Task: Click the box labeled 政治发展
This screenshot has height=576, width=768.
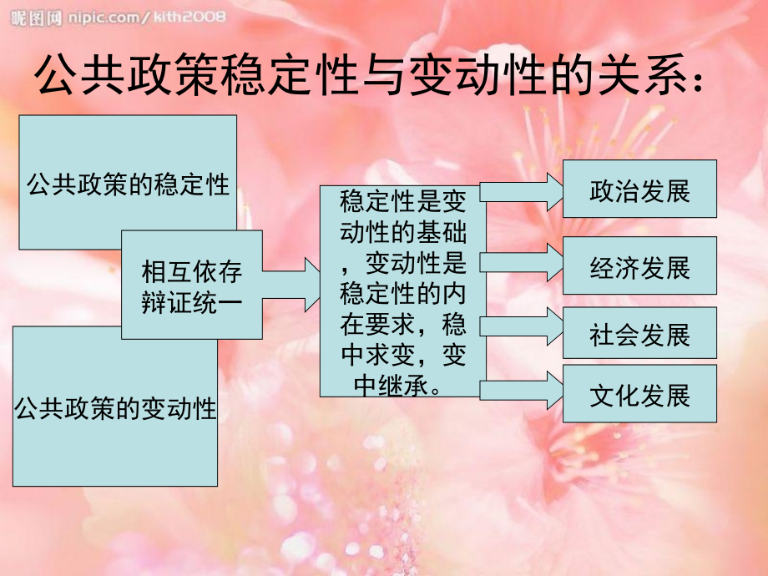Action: (639, 189)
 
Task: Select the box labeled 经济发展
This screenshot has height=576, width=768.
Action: (639, 265)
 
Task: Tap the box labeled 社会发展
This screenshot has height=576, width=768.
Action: (639, 333)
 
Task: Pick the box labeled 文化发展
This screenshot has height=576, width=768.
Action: (639, 393)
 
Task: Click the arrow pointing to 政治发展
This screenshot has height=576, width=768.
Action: (521, 192)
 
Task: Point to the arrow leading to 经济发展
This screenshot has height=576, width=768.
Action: (521, 262)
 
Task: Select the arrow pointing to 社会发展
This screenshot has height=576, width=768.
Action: (521, 326)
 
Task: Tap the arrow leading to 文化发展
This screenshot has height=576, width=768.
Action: (521, 391)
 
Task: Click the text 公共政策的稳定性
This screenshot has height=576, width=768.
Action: (128, 184)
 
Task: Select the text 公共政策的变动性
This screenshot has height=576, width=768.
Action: (115, 408)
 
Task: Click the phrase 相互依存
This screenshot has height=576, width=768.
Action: (191, 271)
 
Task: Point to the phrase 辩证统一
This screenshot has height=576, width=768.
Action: (191, 301)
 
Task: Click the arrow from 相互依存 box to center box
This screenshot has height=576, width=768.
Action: (291, 285)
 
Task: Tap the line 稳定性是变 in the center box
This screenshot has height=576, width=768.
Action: (402, 201)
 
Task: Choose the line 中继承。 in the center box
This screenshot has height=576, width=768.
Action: (397, 386)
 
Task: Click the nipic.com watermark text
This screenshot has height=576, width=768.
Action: (147, 18)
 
